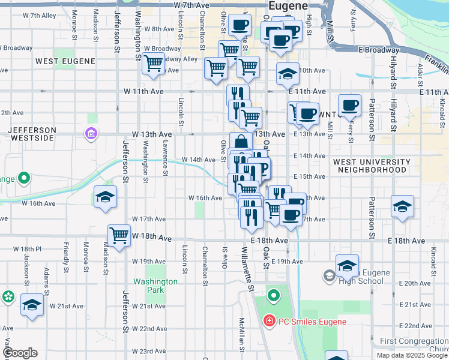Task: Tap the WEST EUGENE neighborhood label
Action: tap(65, 61)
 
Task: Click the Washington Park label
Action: tap(155, 286)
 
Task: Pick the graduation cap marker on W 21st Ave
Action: tap(32, 304)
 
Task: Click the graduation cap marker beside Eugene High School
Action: tap(347, 265)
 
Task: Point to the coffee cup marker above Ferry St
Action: tap(349, 104)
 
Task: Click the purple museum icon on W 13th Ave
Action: tap(91, 133)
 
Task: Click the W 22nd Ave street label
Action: tap(148, 329)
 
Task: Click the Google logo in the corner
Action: tap(20, 353)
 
